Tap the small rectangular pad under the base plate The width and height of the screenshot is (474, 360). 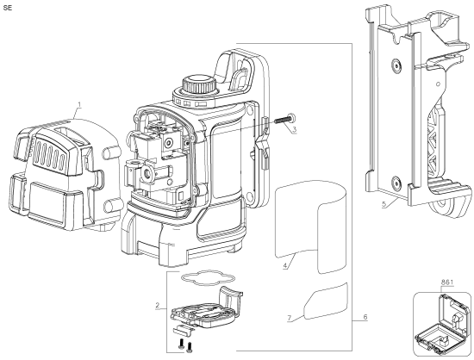pos(184,328)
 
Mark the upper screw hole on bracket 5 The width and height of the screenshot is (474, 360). pos(395,65)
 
